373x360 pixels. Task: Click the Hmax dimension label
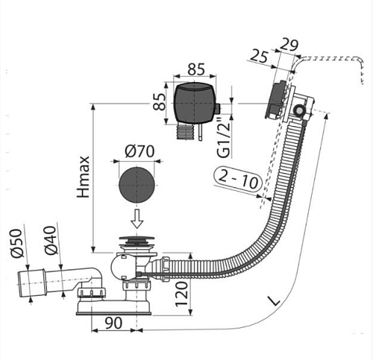tap(84, 177)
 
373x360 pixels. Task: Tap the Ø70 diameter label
tap(140, 151)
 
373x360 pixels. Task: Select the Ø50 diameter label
tap(16, 243)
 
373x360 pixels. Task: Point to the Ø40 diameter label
tap(51, 240)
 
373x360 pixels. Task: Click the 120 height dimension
tap(182, 294)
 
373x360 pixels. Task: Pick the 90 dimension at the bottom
tap(113, 323)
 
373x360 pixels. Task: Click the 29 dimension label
tap(289, 45)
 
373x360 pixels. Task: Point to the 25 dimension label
tap(259, 57)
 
